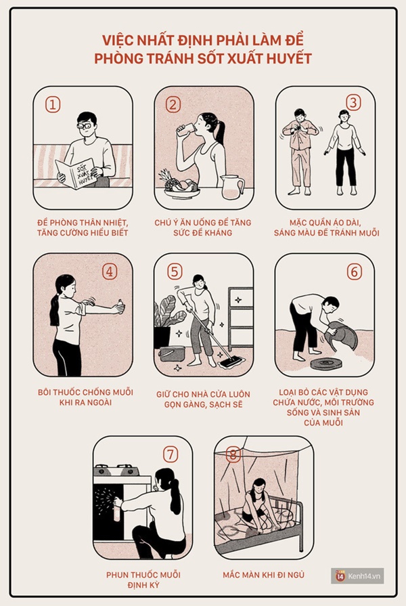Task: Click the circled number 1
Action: pyautogui.click(x=53, y=104)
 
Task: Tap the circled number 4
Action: pyautogui.click(x=110, y=272)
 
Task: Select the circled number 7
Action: pyautogui.click(x=171, y=454)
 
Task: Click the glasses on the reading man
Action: pyautogui.click(x=85, y=126)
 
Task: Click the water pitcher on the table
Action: pyautogui.click(x=232, y=186)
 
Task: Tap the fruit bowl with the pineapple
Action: pyautogui.click(x=181, y=186)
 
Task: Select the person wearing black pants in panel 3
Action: pyautogui.click(x=344, y=152)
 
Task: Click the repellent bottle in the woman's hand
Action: pyautogui.click(x=120, y=307)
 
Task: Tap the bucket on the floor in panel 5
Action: pyautogui.click(x=172, y=353)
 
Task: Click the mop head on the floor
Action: pyautogui.click(x=231, y=362)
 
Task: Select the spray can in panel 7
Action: pyautogui.click(x=116, y=509)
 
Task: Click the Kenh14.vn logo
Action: pyautogui.click(x=357, y=576)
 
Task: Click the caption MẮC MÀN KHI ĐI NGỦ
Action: pyautogui.click(x=263, y=575)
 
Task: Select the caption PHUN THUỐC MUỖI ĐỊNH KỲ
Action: pyautogui.click(x=143, y=580)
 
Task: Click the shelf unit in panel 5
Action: pyautogui.click(x=240, y=318)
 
